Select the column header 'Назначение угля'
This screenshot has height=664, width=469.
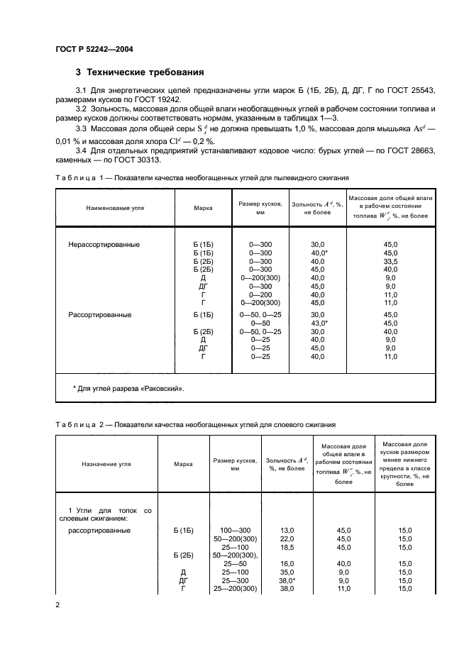106,464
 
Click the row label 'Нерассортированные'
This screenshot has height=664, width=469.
104,245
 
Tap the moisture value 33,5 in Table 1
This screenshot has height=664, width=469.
390,261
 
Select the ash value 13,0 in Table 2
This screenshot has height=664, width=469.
287,530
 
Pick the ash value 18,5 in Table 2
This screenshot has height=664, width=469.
287,547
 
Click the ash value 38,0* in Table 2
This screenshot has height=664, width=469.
288,580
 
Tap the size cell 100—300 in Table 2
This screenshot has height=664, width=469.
234,530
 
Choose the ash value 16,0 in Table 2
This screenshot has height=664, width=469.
287,563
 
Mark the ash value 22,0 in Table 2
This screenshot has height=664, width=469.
287,538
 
